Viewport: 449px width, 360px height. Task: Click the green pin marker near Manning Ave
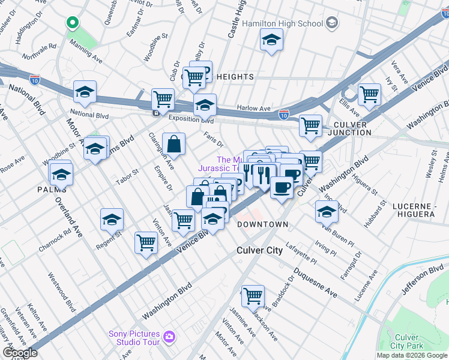coord(73,23)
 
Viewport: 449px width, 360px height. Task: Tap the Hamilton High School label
coord(282,23)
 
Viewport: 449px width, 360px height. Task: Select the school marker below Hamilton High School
coord(271,41)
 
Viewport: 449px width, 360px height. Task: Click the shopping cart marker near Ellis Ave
coord(369,95)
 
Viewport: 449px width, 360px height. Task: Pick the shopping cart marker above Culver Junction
coord(310,125)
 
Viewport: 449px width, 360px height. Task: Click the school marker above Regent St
coord(112,220)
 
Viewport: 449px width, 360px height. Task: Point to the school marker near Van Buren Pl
coord(327,212)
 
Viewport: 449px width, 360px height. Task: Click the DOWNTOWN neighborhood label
coord(263,224)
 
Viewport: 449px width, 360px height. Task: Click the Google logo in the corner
coord(20,353)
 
